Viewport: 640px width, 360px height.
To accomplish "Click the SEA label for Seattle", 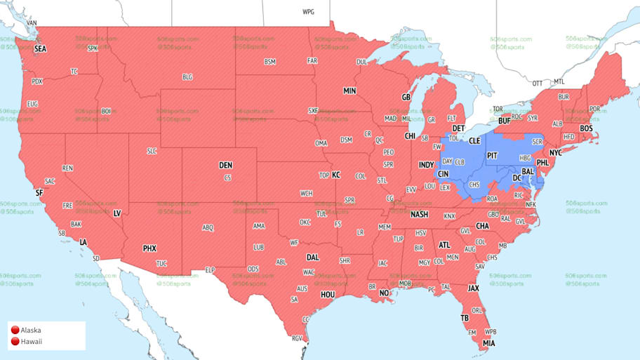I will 40,49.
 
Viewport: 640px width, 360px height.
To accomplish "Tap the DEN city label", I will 225,166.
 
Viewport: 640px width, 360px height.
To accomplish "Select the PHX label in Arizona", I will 149,248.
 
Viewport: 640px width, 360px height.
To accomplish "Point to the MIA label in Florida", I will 488,343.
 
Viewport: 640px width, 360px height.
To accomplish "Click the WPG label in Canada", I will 308,12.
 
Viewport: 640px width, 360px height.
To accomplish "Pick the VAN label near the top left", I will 31,22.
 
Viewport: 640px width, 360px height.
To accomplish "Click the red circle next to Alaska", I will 14,330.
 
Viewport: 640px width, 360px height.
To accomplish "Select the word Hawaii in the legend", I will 32,342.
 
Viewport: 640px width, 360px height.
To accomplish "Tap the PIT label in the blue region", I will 492,155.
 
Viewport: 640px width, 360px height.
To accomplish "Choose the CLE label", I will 474,141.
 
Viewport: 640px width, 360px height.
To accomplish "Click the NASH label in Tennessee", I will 419,215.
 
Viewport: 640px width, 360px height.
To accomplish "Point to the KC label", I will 335,175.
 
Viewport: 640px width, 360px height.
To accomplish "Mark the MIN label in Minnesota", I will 349,91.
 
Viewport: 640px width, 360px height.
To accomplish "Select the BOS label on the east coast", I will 586,128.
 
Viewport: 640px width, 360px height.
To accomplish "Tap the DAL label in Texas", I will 312,258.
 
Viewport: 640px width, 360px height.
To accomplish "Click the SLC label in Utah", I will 152,151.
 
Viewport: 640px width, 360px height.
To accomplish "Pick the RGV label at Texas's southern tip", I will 297,338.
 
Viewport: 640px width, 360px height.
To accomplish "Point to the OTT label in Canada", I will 537,84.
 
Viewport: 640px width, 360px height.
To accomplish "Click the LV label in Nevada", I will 117,213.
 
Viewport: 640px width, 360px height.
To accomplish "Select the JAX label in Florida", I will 474,288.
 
